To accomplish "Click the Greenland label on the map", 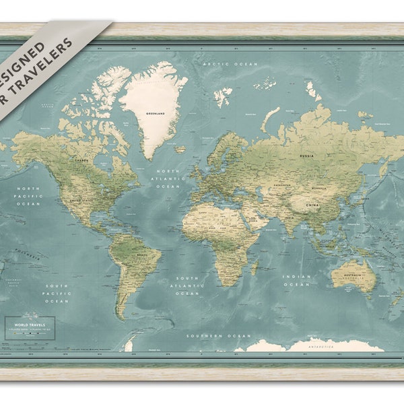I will (x=155, y=114).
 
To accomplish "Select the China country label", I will (x=312, y=204).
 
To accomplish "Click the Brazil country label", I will (x=142, y=256).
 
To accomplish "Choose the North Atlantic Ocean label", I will (x=169, y=178).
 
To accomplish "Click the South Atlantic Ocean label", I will (x=188, y=285).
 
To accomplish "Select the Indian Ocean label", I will (x=297, y=280).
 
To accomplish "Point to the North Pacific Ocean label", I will (x=28, y=195).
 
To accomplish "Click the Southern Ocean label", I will (x=230, y=335).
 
